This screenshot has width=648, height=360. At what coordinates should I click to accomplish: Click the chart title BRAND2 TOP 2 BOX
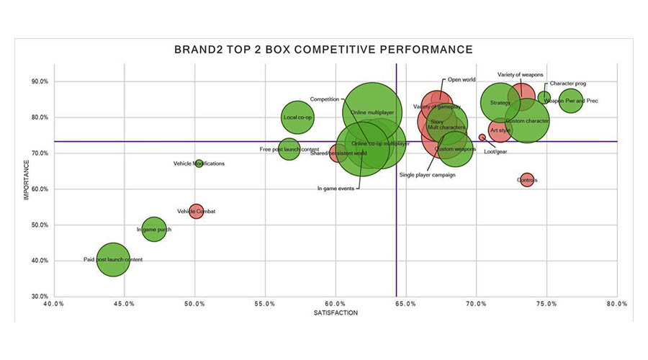pyautogui.click(x=323, y=50)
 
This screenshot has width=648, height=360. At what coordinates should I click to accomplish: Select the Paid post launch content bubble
pyautogui.click(x=112, y=259)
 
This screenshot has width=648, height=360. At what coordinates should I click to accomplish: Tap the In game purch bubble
pyautogui.click(x=153, y=230)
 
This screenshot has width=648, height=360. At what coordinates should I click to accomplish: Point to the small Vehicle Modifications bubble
pyautogui.click(x=199, y=164)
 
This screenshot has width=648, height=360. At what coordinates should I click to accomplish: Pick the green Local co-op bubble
pyautogui.click(x=297, y=117)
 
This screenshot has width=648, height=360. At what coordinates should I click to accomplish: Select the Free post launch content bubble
pyautogui.click(x=289, y=149)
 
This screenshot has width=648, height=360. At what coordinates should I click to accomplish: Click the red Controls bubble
pyautogui.click(x=527, y=180)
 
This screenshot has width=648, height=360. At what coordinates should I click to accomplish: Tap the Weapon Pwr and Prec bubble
pyautogui.click(x=570, y=101)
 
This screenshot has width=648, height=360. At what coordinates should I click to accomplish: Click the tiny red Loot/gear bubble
pyautogui.click(x=482, y=138)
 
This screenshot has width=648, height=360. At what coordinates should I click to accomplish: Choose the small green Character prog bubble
pyautogui.click(x=544, y=97)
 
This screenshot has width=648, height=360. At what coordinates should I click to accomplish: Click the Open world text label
pyautogui.click(x=462, y=80)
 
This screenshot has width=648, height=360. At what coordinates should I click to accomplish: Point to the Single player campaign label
pyautogui.click(x=428, y=175)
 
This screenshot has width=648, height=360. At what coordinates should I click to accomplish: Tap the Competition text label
pyautogui.click(x=325, y=99)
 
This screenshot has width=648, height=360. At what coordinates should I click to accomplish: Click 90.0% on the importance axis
pyautogui.click(x=38, y=82)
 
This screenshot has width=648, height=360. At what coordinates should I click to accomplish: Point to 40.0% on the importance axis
pyautogui.click(x=38, y=261)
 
